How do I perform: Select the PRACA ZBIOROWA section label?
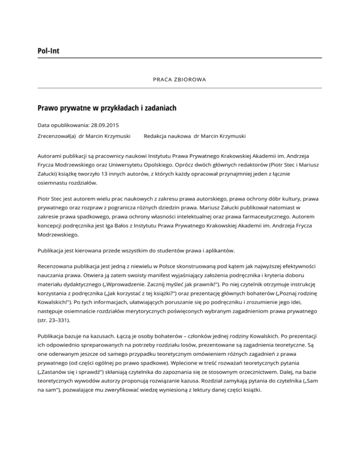[x=180, y=80]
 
